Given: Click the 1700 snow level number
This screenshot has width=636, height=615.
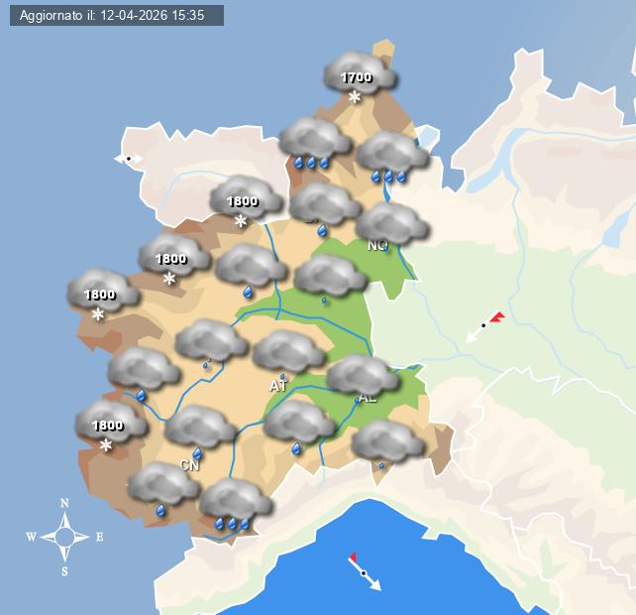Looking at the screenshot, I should (356, 77).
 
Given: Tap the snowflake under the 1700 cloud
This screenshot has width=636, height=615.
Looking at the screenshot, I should (355, 97).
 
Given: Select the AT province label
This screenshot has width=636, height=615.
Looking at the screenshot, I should (278, 386).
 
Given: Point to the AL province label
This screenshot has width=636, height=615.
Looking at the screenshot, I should (368, 398).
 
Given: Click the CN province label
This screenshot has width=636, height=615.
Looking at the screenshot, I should (190, 464).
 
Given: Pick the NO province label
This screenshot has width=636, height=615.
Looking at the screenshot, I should (377, 245).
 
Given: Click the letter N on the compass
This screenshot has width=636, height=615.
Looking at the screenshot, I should (64, 503).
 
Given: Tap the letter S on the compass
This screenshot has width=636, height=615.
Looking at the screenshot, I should (64, 571).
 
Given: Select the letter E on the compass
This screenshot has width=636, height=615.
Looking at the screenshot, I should (99, 538).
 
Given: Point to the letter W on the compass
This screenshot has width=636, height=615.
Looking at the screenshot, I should (31, 538).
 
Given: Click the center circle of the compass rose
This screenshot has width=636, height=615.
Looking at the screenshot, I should (64, 538).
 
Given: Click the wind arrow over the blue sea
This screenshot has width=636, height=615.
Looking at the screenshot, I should (364, 572).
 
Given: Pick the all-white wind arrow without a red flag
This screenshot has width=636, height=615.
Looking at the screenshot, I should (129, 159).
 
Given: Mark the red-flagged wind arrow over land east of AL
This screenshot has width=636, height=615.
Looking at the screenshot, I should (484, 325).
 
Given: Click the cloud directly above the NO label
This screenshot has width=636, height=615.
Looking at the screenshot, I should (390, 222).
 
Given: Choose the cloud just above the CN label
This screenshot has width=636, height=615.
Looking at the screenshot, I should (199, 427).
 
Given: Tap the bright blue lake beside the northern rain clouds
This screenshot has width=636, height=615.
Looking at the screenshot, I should (428, 136).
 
